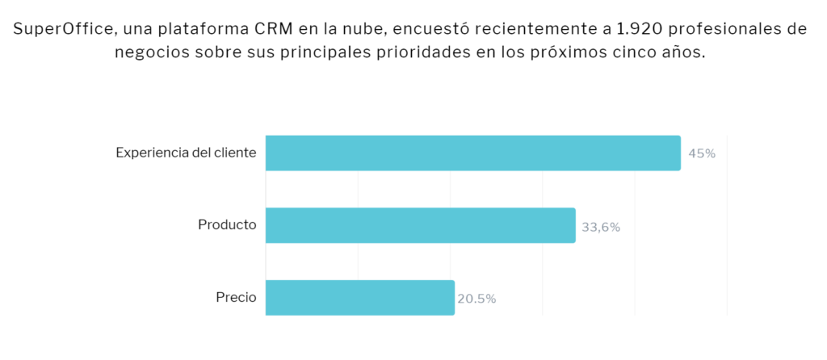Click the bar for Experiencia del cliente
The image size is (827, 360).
click(x=473, y=153)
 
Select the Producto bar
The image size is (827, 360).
click(x=420, y=225)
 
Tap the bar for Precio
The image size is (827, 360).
click(x=359, y=298)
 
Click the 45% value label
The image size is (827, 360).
click(x=702, y=154)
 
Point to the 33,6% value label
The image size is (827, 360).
click(x=601, y=227)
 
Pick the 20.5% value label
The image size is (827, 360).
click(x=476, y=299)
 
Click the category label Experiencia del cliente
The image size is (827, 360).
click(x=187, y=153)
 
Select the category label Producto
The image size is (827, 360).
click(x=227, y=225)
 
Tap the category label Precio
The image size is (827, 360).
click(x=237, y=298)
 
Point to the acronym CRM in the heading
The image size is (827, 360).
click(x=277, y=29)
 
